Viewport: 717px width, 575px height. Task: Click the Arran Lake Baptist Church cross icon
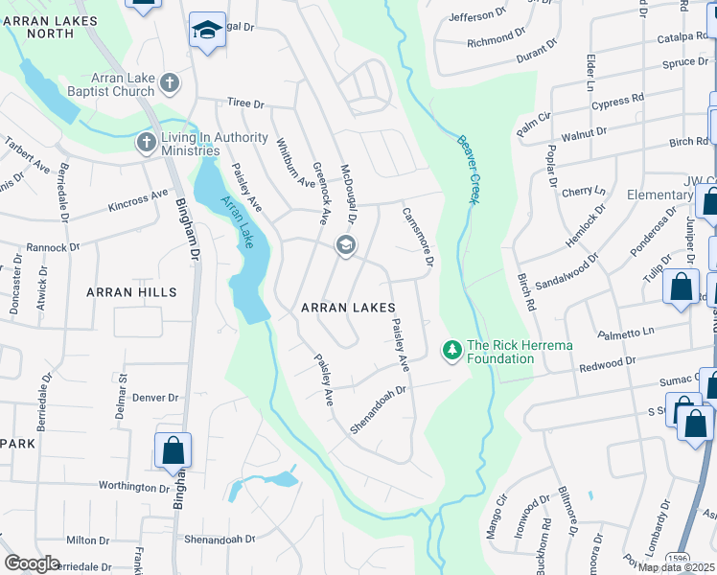[x=171, y=83]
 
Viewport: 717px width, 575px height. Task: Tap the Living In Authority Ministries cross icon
[x=146, y=144]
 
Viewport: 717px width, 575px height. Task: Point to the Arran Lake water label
[x=236, y=222]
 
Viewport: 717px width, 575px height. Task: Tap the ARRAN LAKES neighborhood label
[x=349, y=308]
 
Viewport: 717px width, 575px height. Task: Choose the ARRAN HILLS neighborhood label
[x=131, y=291]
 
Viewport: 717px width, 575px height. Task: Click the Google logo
[x=32, y=563]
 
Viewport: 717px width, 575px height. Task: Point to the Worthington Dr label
[x=134, y=487]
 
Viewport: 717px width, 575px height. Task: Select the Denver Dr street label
[x=155, y=397]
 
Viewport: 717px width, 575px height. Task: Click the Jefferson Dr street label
[x=476, y=15]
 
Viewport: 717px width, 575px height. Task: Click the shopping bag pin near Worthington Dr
[x=173, y=448]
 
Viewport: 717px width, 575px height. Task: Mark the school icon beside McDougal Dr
[x=345, y=246]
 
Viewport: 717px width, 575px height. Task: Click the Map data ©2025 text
[x=677, y=567]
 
